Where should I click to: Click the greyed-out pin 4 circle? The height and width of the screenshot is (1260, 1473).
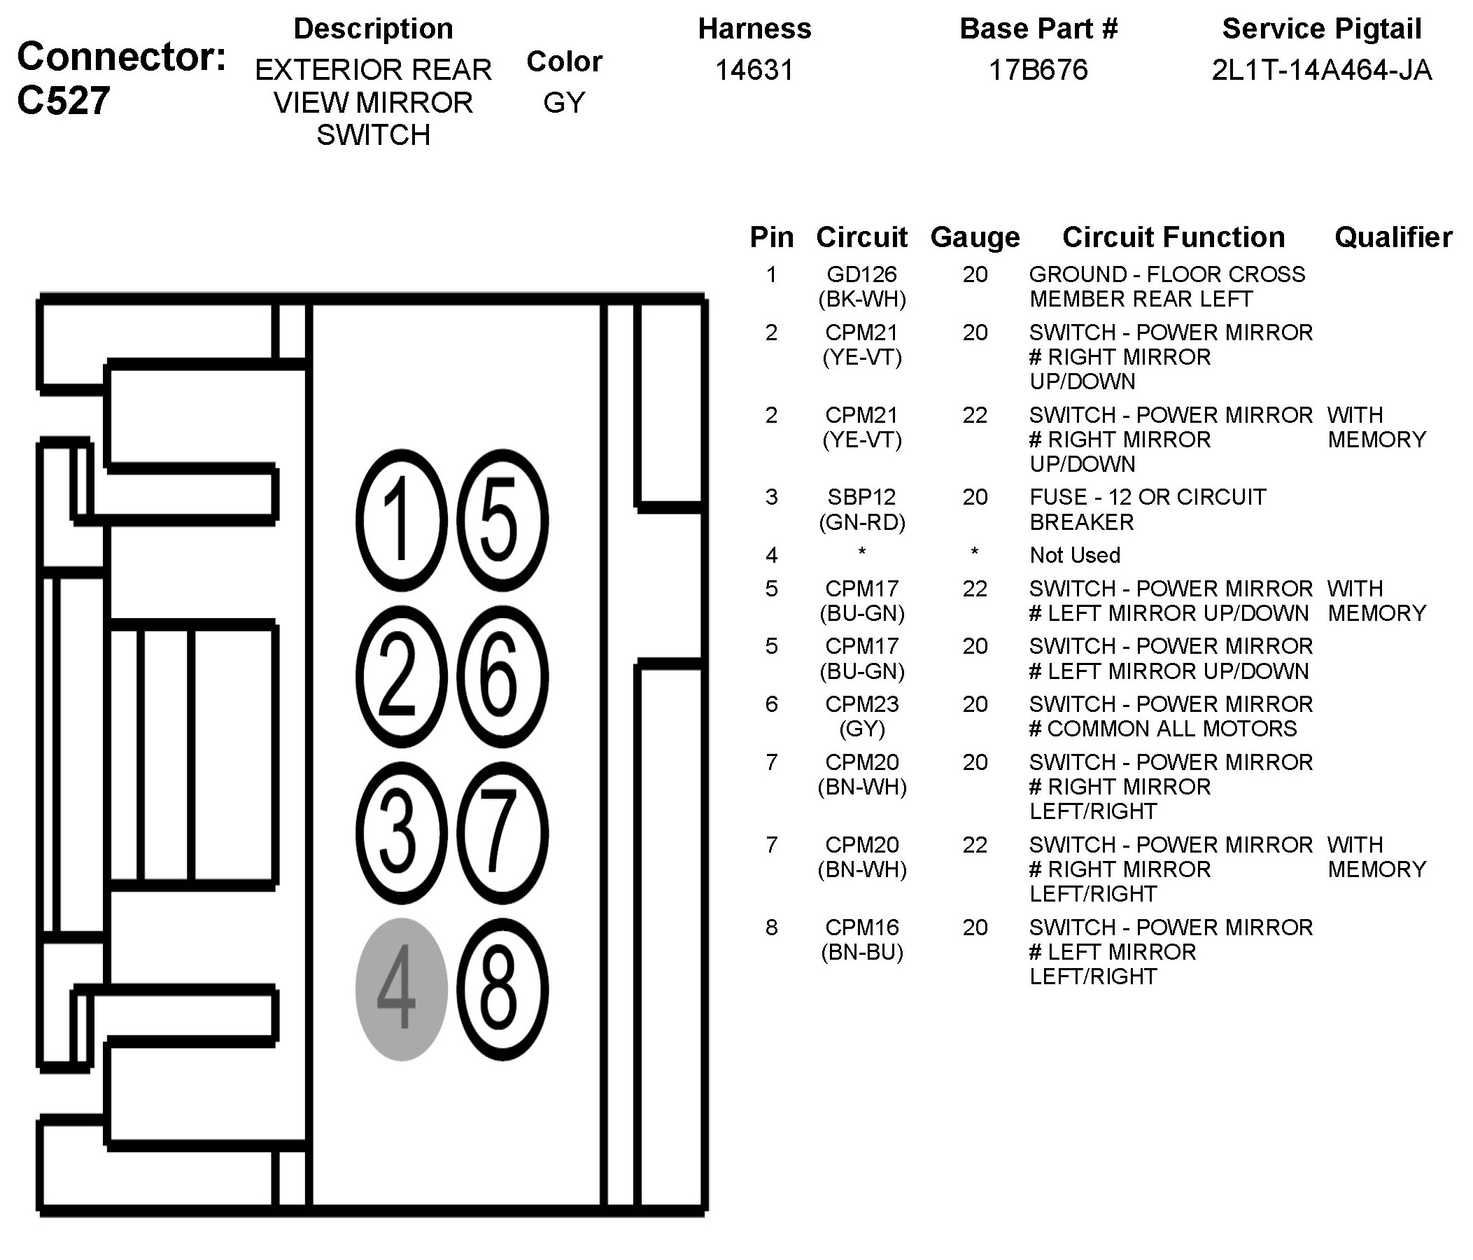coord(401,988)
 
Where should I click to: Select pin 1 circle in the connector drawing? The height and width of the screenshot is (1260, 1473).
coord(401,520)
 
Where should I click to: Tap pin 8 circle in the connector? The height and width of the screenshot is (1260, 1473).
coord(502,988)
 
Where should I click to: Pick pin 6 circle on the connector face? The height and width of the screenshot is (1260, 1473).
coord(502,676)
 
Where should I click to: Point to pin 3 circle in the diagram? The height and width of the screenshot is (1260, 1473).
coord(401,833)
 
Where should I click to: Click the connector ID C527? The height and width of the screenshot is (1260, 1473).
coord(64,100)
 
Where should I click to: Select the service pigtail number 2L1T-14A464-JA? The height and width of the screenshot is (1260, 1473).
coord(1321,70)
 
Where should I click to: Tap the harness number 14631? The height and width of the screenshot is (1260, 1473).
coord(754,70)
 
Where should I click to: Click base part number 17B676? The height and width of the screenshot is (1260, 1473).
coord(1038,70)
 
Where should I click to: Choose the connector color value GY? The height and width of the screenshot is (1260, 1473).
coord(564,103)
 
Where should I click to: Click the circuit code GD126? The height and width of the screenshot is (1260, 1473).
coord(861,274)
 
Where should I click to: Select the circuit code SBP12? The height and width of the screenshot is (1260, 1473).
coord(861,497)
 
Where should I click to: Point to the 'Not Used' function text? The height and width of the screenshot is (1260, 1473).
coord(1074,555)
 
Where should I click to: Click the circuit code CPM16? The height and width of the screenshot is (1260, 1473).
coord(861,927)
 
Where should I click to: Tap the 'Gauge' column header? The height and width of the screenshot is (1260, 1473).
coord(975,237)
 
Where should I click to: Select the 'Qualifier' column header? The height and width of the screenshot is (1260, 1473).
coord(1393,237)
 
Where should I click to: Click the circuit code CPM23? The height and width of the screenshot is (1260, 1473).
coord(861,704)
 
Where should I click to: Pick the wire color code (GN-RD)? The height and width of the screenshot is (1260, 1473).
coord(861,523)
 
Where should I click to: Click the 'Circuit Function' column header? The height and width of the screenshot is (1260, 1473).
coord(1173,237)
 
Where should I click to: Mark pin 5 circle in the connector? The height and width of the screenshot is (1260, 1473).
coord(502,520)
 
